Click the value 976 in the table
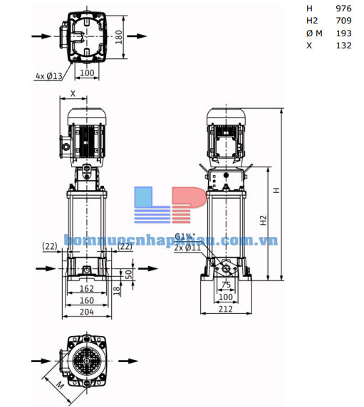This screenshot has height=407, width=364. (x=343, y=9)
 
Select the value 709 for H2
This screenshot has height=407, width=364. (x=343, y=21)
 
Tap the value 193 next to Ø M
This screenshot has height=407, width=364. (x=343, y=33)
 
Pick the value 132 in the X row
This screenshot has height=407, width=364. (x=343, y=45)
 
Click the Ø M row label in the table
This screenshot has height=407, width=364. (x=315, y=33)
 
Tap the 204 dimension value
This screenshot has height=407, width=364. (x=86, y=311)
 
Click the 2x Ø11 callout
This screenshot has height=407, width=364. (x=188, y=247)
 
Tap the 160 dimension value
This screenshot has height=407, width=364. (x=86, y=300)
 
